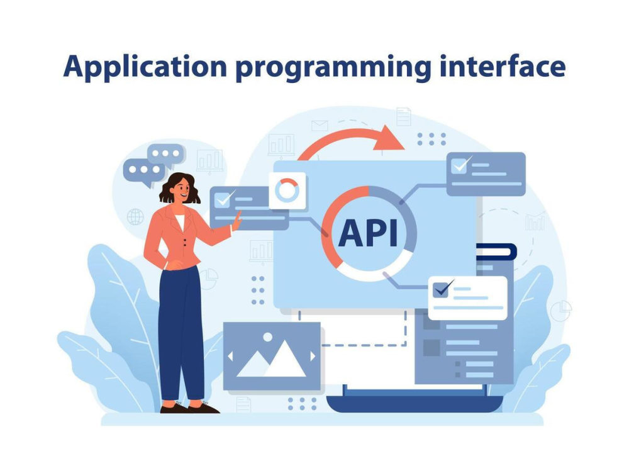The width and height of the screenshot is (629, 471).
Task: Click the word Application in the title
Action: (145, 67)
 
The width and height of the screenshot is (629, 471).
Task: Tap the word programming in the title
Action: (333, 68)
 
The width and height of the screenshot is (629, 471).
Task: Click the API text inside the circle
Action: (368, 233)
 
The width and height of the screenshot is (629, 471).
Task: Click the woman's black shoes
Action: (189, 407)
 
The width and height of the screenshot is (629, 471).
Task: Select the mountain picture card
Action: (272, 356)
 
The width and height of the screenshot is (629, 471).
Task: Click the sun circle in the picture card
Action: (267, 337)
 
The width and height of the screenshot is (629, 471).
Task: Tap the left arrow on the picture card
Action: (230, 357)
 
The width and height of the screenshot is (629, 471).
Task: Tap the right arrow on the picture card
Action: (313, 356)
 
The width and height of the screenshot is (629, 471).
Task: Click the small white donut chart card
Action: (287, 191)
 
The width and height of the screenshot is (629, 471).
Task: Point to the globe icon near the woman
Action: (135, 217)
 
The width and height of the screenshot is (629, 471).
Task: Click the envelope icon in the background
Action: (320, 126)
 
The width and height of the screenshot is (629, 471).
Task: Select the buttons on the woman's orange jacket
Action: (184, 242)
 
